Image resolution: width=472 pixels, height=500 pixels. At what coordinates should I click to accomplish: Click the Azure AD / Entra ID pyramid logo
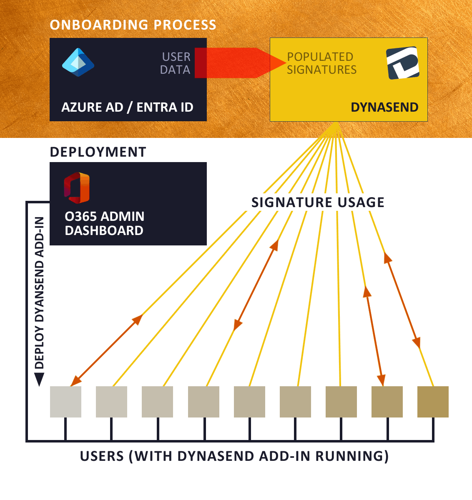78,62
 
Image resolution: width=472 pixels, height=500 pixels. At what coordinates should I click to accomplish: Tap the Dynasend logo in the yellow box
402,63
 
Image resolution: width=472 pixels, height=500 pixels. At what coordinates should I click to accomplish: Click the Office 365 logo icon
77,187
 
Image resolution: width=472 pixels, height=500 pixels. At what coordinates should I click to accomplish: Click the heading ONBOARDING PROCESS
133,25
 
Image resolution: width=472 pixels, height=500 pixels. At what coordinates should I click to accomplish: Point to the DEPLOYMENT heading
98,152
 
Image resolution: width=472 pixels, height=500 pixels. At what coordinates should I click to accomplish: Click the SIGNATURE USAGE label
318,202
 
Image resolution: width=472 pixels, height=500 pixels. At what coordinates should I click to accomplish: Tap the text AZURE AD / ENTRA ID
127,107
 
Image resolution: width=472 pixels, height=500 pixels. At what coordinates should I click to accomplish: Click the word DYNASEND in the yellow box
384,107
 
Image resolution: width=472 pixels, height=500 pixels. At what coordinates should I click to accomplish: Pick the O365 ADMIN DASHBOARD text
104,223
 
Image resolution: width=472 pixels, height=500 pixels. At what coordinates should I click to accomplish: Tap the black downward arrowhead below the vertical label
39,379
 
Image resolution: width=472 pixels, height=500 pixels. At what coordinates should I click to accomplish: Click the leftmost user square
65,402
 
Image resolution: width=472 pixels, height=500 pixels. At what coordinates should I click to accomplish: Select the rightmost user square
433,402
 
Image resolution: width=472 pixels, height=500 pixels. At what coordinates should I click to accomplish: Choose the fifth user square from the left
249,402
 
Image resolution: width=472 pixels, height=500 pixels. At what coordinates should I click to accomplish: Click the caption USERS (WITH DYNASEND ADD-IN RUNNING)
234,456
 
